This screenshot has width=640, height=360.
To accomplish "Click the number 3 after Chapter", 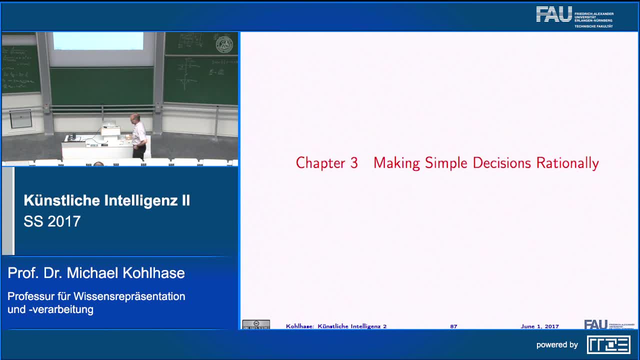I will click(353, 163).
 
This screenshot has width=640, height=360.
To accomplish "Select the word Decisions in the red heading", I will click(502, 163).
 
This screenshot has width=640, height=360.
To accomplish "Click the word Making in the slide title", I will click(396, 163).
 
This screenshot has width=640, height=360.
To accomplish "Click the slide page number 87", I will click(453, 326).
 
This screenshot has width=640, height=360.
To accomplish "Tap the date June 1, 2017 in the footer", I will click(539, 326).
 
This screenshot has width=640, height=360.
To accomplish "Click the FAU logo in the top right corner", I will click(554, 14).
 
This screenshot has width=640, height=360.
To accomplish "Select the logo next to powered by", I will click(608, 344).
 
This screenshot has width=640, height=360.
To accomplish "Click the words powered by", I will click(557, 344).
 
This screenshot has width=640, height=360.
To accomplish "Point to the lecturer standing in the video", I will click(138, 135).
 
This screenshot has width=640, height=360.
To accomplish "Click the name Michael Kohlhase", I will click(126, 273).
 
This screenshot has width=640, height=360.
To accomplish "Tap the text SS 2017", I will click(52, 221).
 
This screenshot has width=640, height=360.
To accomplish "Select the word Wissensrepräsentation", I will click(129, 296).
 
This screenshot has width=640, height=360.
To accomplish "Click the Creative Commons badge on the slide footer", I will click(256, 324).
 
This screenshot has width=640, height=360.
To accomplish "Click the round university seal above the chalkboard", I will click(224, 45).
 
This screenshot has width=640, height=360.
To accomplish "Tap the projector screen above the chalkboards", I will click(98, 41).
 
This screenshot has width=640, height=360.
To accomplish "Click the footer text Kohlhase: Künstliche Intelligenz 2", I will click(336, 326).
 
